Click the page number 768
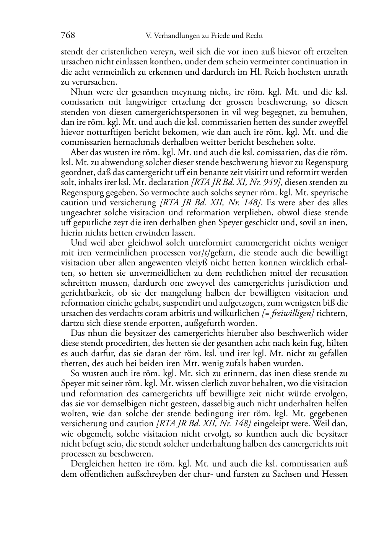68,36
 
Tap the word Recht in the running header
253,36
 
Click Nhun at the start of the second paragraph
80,92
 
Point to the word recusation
329,273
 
